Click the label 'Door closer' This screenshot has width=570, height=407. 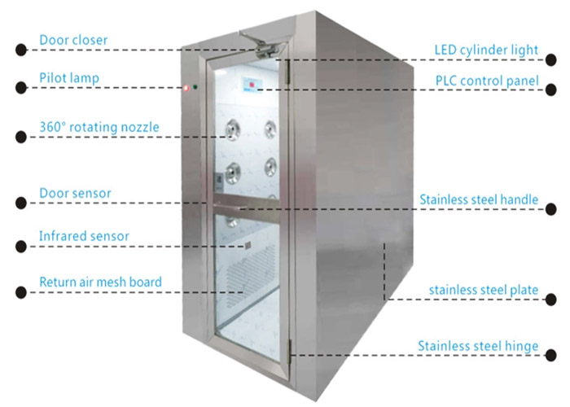[73, 40]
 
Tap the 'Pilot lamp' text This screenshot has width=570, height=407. [69, 78]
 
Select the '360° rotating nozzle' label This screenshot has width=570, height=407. [99, 127]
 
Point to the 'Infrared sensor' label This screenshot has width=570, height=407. [84, 236]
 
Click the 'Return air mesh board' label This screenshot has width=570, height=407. [100, 282]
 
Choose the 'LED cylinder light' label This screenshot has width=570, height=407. [486, 50]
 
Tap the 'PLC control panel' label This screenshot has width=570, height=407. [487, 81]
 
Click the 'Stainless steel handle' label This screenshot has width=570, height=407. [479, 199]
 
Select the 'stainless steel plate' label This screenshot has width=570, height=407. [484, 290]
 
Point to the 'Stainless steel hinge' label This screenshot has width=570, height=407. [478, 346]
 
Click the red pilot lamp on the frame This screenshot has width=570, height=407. [186, 88]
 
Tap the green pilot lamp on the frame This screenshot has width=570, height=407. [195, 87]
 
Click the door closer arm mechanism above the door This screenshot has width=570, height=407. [261, 45]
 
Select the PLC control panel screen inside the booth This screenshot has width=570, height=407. [252, 85]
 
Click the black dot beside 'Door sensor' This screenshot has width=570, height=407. [21, 203]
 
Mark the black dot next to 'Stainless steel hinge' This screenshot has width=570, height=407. [551, 355]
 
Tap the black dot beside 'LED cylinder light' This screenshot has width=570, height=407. [551, 60]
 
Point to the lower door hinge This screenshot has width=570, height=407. [290, 352]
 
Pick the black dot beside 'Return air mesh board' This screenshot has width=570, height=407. [21, 292]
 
